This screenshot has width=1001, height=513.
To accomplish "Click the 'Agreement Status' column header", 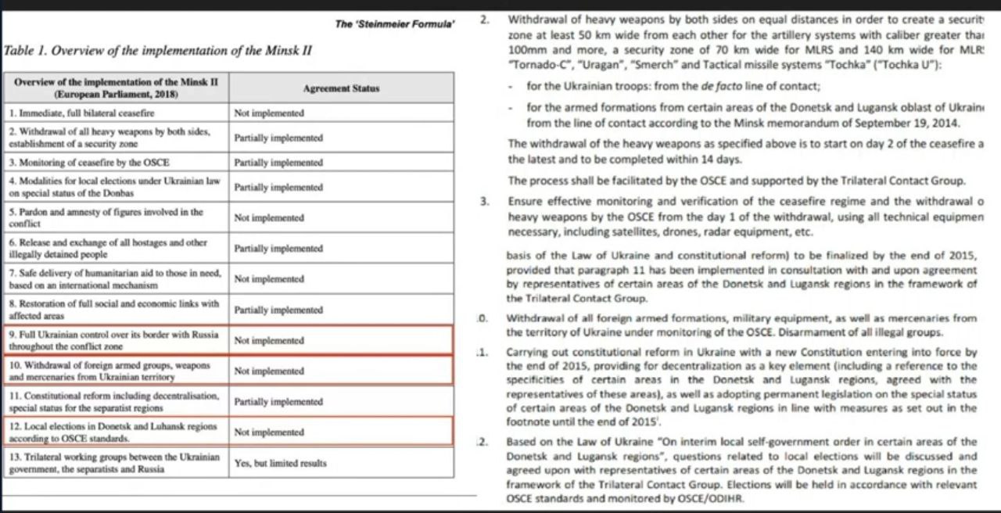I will [340, 88].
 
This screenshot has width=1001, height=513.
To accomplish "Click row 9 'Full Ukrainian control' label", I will [114, 340].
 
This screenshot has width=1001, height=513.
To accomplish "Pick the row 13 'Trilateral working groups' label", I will [114, 463].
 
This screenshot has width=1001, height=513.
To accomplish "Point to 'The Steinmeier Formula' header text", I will [395, 23].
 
